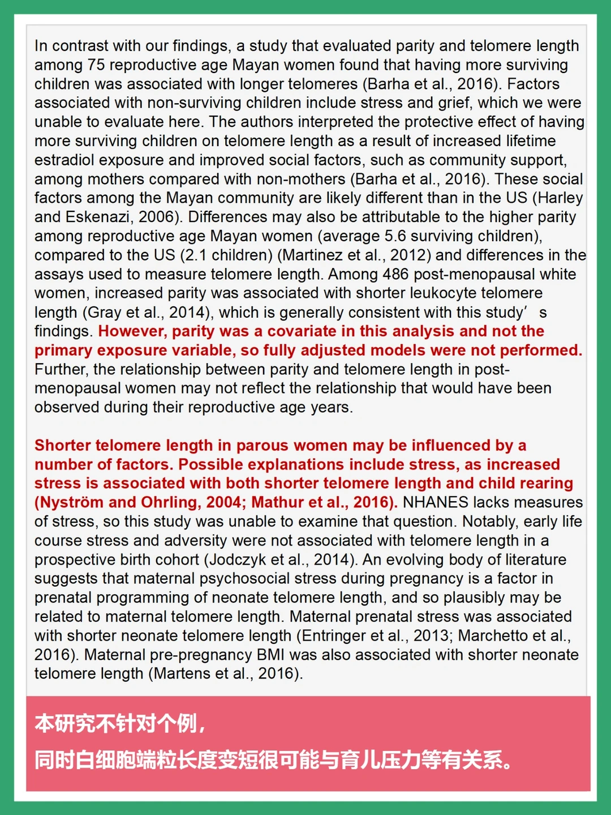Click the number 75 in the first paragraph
[x=96, y=65]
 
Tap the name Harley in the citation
[x=560, y=198]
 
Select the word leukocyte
[x=390, y=293]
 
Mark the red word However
[x=132, y=331]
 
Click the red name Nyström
[x=72, y=502]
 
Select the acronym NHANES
[x=436, y=502]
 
